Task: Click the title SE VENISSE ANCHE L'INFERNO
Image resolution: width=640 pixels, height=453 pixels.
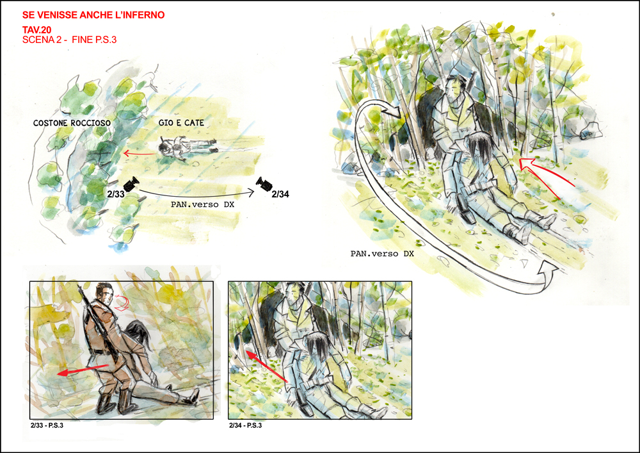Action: (93, 15)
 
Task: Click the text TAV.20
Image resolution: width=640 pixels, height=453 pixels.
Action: (36, 30)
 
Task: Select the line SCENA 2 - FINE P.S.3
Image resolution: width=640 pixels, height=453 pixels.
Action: (69, 40)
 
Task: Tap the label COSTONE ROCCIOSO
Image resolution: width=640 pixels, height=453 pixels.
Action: (72, 123)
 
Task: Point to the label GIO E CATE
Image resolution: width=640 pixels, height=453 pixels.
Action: (181, 122)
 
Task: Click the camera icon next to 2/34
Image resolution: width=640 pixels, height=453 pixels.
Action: (264, 184)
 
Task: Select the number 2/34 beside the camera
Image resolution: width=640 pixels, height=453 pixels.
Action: (280, 194)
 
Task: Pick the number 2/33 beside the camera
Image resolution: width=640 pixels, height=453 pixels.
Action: (116, 194)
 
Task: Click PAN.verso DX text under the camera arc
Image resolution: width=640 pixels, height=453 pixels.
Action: (202, 204)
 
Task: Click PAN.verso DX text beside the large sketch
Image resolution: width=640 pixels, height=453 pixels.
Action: (383, 254)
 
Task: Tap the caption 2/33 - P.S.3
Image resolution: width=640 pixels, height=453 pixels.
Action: (47, 425)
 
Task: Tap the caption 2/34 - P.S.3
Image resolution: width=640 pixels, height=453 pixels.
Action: (245, 425)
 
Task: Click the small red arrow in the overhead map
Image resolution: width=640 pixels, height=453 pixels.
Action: (139, 154)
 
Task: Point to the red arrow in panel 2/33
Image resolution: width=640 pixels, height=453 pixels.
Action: (83, 370)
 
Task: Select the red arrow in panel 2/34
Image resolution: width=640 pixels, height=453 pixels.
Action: (267, 366)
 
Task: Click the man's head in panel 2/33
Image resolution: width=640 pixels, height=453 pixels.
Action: (104, 293)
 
